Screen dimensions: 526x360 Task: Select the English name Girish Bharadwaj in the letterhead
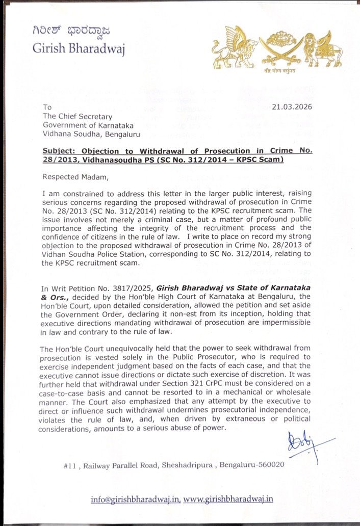(78, 48)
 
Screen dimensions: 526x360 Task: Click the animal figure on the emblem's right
(323, 50)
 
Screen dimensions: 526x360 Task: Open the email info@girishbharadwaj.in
(136, 499)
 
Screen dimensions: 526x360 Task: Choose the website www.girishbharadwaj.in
(228, 499)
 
